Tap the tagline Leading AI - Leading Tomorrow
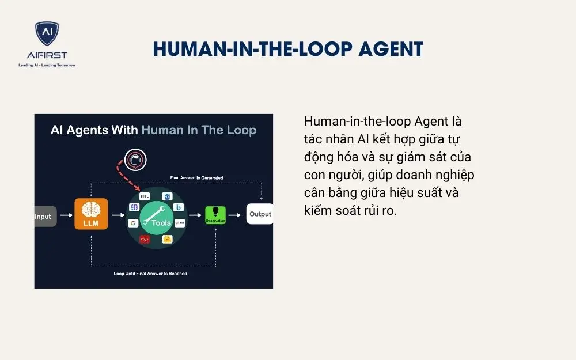[x=47, y=65]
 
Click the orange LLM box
[x=91, y=214]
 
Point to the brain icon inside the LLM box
[x=91, y=209]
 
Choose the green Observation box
[x=215, y=215]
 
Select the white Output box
[x=260, y=214]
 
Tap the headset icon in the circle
[x=135, y=160]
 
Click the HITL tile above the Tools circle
[x=145, y=196]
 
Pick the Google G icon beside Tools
[x=132, y=223]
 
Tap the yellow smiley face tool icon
[x=167, y=238]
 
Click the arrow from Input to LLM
[x=66, y=216]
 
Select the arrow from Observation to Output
[x=236, y=215]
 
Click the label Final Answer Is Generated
[x=196, y=178]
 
